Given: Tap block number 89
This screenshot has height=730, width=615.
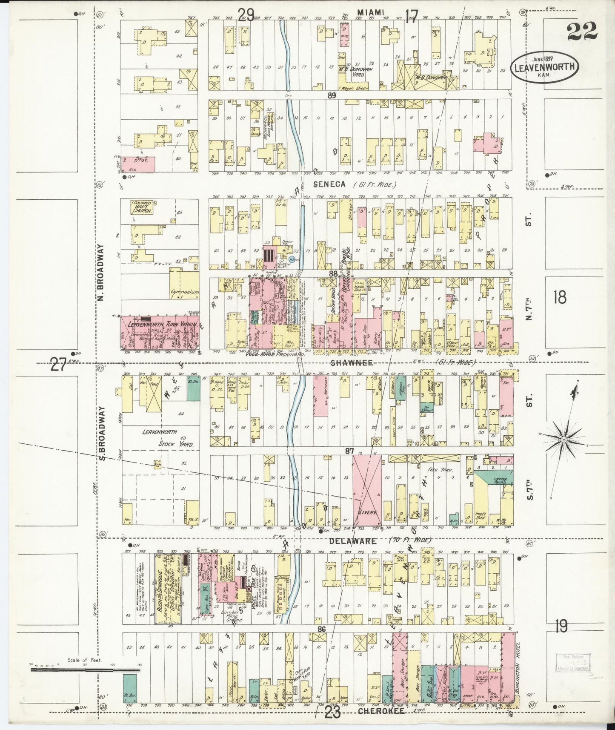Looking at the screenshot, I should click(x=332, y=96).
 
